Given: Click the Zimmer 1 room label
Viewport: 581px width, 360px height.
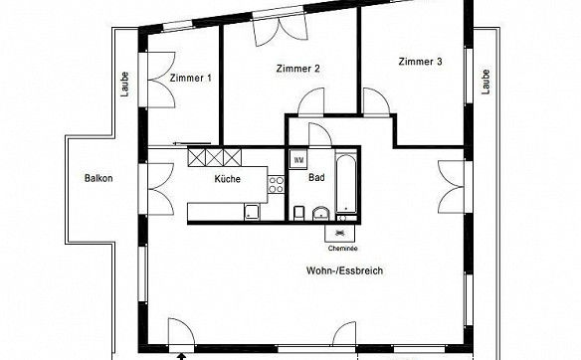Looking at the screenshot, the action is (x=191, y=79).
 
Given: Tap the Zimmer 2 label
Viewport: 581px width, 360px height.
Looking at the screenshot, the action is (x=297, y=69).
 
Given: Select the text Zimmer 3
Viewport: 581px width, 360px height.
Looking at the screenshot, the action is (x=420, y=62).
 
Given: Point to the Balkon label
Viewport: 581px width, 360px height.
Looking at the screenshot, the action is (x=98, y=178).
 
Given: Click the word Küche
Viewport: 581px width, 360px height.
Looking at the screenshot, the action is (x=228, y=179).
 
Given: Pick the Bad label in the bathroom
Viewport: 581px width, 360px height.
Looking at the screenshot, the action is (x=316, y=177).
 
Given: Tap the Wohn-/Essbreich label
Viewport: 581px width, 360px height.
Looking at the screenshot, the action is (x=344, y=270).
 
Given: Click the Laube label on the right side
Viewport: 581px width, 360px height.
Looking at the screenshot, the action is (x=485, y=82).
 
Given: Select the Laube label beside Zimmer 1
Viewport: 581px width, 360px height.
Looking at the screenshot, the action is (x=125, y=85).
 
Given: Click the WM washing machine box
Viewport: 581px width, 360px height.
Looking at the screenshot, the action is (x=298, y=160).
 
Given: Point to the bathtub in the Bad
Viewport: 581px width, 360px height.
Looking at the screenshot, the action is (x=346, y=184).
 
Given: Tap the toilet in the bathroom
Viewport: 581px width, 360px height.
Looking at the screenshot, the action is (x=298, y=213).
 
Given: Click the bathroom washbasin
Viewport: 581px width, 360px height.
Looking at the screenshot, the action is (x=321, y=214).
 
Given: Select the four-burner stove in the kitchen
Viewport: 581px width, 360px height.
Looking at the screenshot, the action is (x=276, y=184).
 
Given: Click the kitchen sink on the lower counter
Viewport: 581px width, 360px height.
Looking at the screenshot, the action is (x=252, y=212).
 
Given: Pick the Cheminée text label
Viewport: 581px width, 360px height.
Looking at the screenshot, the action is (x=343, y=249).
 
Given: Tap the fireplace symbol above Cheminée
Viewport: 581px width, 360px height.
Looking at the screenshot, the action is (x=340, y=233).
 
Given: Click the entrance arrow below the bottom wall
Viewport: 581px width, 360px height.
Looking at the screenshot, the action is (x=181, y=356).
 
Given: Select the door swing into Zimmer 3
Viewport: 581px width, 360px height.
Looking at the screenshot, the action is (x=376, y=102).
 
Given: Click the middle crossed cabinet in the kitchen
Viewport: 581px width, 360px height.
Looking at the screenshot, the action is (x=215, y=157).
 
